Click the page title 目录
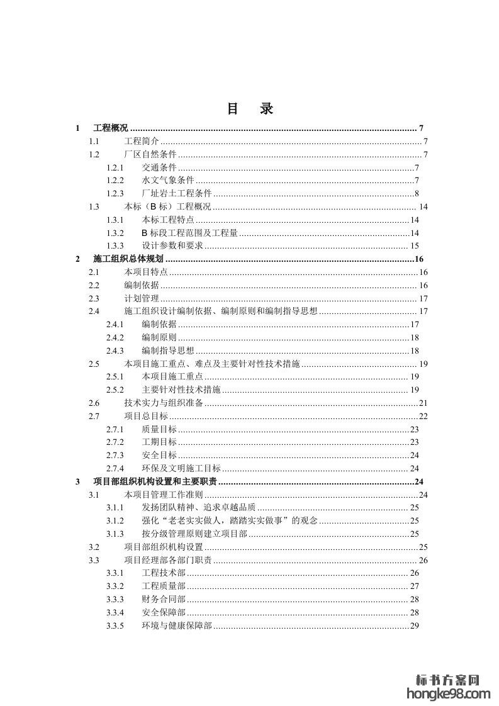[250, 109]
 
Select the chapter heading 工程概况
[110, 128]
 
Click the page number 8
[417, 193]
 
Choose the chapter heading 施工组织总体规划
[128, 259]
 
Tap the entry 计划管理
[142, 298]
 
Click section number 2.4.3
[115, 350]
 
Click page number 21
[423, 403]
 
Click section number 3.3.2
[115, 586]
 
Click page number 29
[415, 625]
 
